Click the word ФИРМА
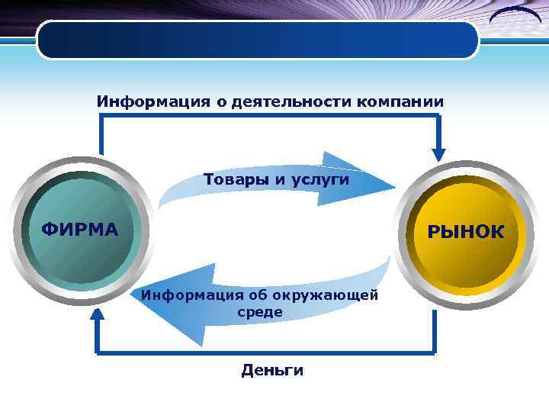point(79,230)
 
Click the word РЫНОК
point(465,232)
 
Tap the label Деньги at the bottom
point(272,371)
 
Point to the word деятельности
point(282,101)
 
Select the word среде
point(259,312)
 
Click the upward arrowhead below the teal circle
point(96,316)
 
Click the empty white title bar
point(258,40)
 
